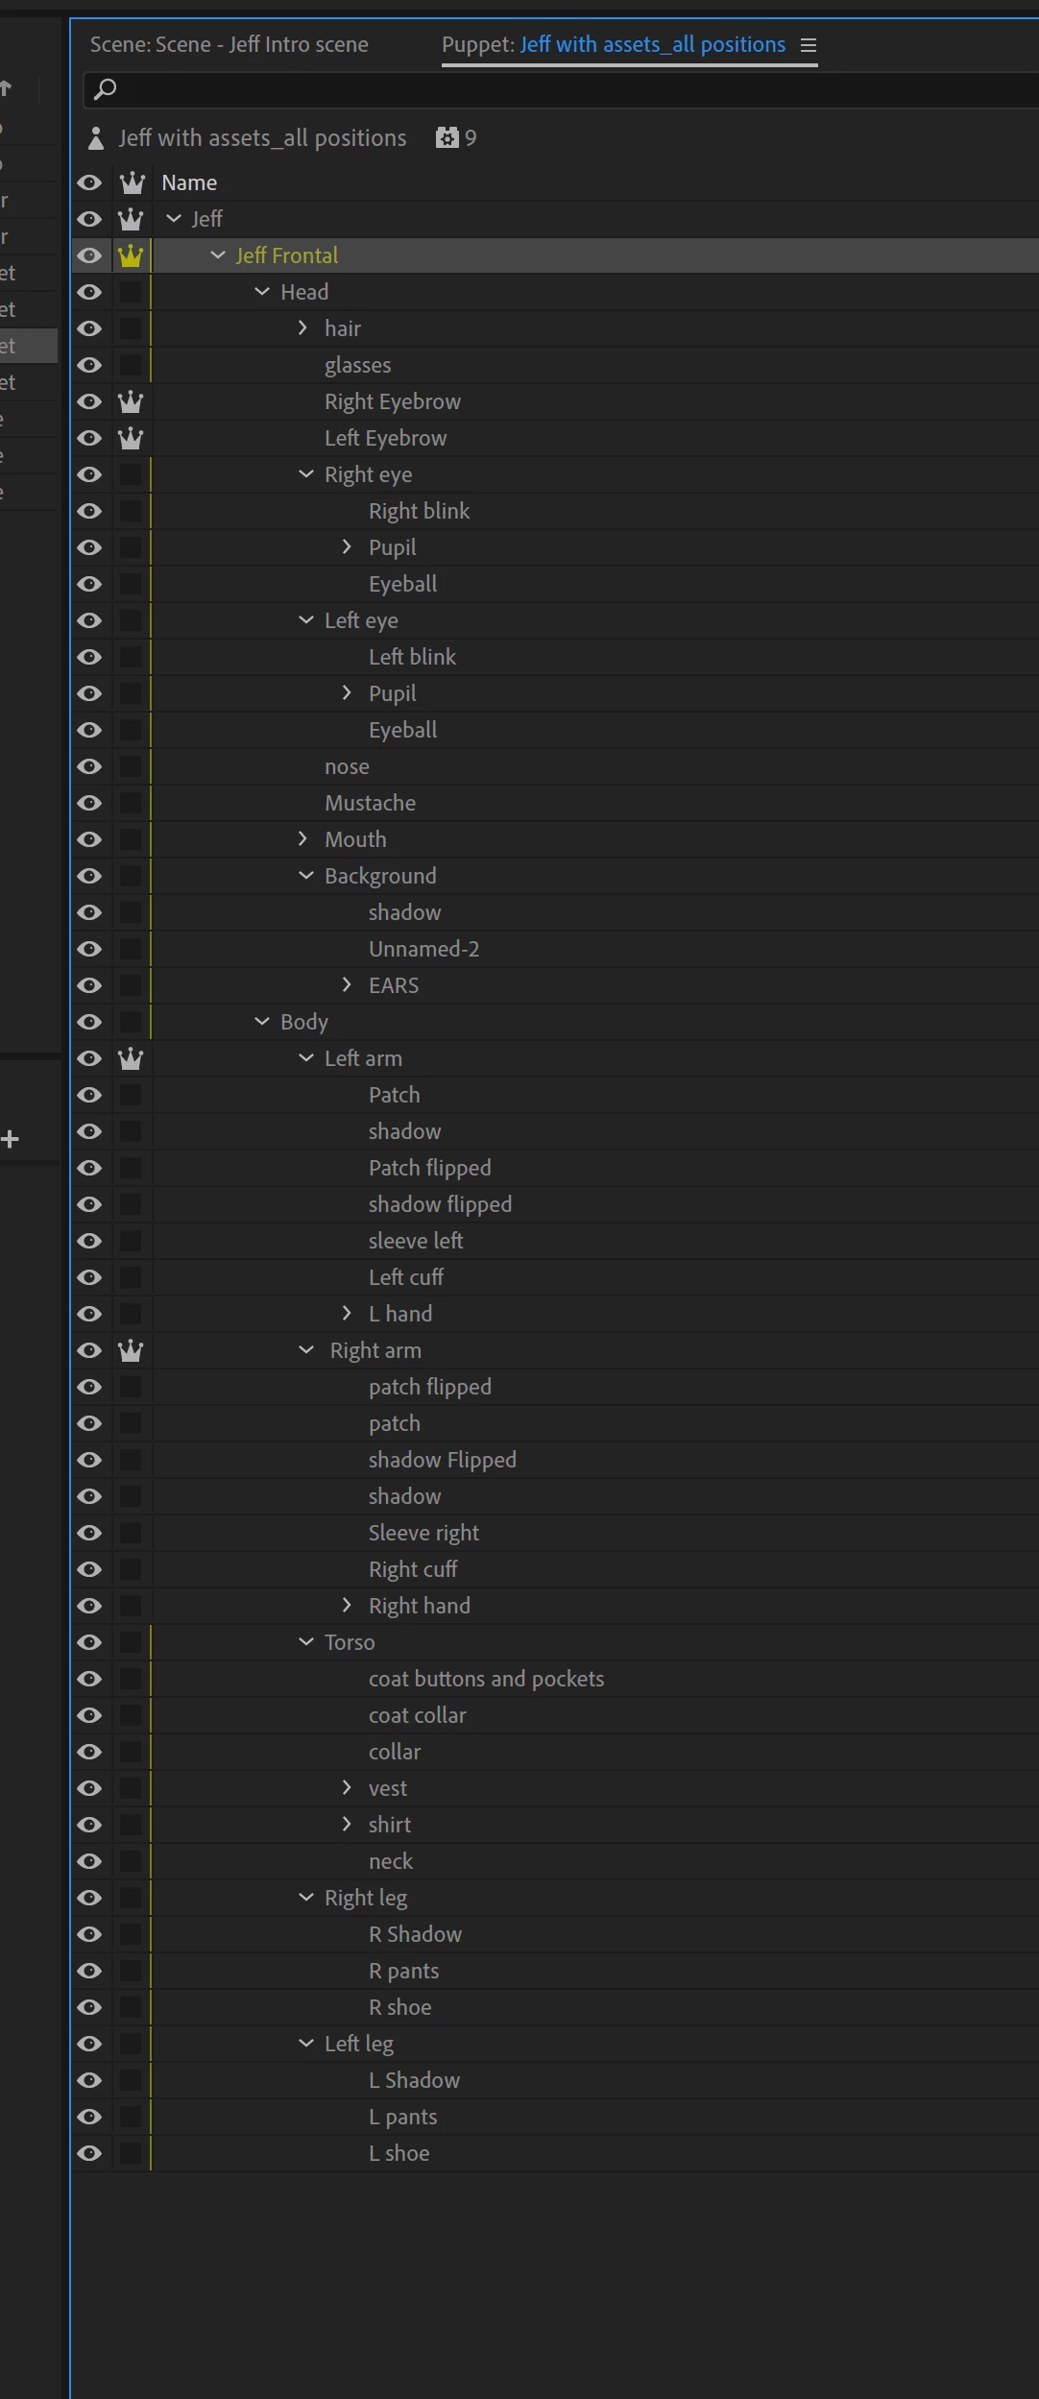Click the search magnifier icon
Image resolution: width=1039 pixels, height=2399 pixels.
coord(106,89)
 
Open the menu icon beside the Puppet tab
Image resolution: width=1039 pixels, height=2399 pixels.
coord(809,45)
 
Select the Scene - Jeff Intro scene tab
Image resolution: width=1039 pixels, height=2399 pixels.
coord(229,44)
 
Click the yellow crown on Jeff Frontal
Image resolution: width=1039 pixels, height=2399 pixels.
coord(131,255)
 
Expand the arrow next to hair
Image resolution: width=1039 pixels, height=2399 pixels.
coord(303,328)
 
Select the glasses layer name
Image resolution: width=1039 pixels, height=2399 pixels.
coord(357,365)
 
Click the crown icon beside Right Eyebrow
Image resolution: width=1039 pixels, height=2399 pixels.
coord(131,401)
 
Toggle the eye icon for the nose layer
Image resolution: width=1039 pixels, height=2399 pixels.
coord(89,766)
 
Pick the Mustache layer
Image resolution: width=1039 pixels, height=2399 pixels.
coord(370,803)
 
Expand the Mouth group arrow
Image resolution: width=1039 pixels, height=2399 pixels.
coord(303,839)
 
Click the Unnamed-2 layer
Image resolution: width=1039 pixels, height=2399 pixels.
coord(423,949)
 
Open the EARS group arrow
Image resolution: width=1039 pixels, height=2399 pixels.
coord(348,985)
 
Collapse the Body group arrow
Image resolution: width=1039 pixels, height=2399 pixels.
coord(262,1022)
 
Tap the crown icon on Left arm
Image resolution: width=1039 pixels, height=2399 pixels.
coord(131,1058)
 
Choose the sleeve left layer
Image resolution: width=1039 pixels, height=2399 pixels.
coord(416,1241)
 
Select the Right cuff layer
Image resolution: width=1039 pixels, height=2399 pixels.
coord(413,1569)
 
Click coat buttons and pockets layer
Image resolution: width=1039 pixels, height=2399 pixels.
coord(486,1679)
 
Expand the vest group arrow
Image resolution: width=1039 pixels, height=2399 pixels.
coord(348,1788)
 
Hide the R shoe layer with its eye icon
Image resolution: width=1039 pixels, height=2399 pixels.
coord(89,2007)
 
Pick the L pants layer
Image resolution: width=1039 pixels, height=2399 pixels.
coord(402,2117)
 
